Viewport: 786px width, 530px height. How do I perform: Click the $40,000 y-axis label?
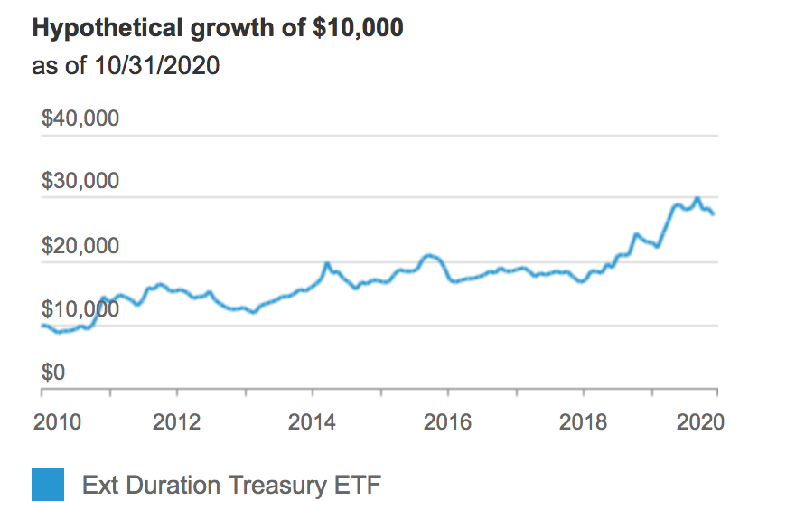point(80,118)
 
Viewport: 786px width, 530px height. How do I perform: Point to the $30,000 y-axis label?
point(80,181)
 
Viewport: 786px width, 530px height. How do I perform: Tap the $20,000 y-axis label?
point(80,245)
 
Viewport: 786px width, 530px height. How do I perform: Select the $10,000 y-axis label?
point(80,308)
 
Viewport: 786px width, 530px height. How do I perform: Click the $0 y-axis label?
point(53,372)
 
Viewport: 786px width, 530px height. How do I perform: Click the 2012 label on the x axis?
point(176,422)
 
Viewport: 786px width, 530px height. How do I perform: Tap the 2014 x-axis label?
point(312,422)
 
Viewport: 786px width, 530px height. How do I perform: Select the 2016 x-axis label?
point(448,422)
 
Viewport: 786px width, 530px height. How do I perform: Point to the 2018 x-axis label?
point(583,422)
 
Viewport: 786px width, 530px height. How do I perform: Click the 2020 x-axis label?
point(700,422)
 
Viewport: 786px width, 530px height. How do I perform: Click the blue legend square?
point(48,485)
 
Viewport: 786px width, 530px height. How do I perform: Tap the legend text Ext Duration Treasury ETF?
point(231,486)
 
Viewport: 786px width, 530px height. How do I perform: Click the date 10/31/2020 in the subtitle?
point(156,66)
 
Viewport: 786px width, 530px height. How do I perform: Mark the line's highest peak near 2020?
point(697,198)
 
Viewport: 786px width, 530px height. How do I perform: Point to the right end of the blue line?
point(714,213)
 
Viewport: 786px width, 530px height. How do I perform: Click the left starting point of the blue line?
point(42,325)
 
